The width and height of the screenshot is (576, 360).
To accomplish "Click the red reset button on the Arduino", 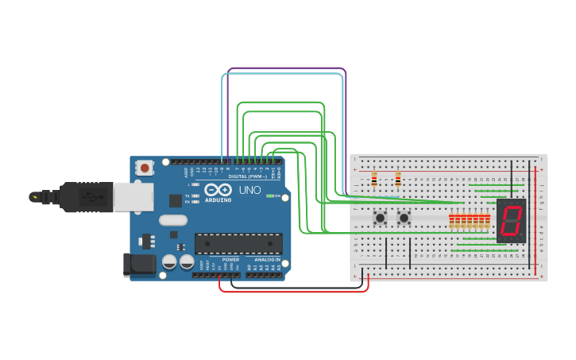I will click(145, 168).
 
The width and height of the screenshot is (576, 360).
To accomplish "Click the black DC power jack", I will click(138, 265).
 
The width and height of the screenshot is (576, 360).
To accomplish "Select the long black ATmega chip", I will click(238, 244).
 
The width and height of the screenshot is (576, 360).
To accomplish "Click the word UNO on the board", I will click(250, 190).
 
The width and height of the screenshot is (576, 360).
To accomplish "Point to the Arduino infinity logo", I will click(218, 190).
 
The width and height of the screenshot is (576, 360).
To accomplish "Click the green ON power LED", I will click(270, 195).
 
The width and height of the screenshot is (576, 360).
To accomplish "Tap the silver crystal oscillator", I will click(173, 220).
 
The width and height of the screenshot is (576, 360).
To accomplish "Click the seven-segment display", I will click(511, 221).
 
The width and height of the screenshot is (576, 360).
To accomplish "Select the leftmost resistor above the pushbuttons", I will click(374, 180).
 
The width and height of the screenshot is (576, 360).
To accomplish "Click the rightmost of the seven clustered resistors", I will click(487, 221).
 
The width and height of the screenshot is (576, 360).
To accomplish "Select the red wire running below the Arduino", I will click(294, 291).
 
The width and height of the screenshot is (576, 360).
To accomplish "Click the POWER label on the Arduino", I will click(230, 260).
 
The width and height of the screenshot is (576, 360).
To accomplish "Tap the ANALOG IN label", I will click(267, 260).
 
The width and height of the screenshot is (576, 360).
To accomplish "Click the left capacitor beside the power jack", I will click(169, 261).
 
